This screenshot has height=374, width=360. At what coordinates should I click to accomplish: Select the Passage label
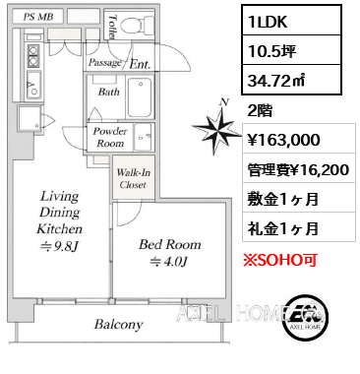point(105,63)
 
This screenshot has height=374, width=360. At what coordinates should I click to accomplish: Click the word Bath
point(108,91)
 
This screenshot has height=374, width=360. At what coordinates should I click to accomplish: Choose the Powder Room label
point(110,137)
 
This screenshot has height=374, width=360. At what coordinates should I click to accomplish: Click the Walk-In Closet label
point(134,177)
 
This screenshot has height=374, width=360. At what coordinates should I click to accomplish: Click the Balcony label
point(118,324)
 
